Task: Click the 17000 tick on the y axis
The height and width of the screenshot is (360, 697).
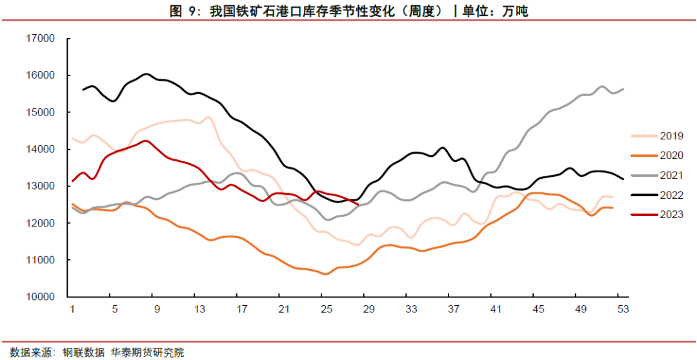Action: [41, 39]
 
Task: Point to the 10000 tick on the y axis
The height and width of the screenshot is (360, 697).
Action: [41, 297]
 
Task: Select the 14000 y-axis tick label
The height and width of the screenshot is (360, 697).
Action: [41, 150]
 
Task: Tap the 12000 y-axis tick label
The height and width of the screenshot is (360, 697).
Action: [41, 223]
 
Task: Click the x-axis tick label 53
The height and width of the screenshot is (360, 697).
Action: [622, 309]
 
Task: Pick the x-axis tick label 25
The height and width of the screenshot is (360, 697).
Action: [326, 309]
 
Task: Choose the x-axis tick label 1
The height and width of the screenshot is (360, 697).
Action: [72, 309]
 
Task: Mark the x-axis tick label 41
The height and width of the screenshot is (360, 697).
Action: [495, 309]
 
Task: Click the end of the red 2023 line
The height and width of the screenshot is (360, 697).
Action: [358, 205]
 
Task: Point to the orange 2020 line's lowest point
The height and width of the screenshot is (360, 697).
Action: [326, 274]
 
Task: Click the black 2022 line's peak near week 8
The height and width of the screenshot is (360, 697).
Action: [146, 74]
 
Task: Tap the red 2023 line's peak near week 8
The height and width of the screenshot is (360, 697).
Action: [146, 141]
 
